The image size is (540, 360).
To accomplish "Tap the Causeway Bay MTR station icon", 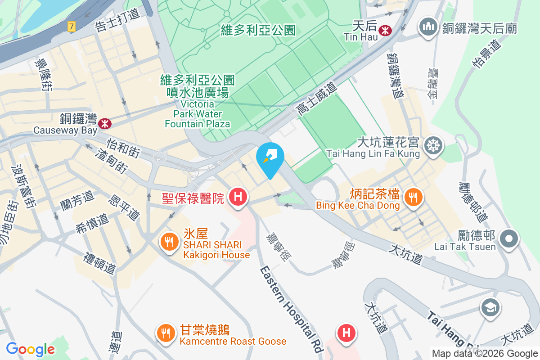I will pos(105,122).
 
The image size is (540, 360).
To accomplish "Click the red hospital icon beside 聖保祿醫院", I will pos(238,197).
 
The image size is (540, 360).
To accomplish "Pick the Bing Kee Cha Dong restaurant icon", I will pos(412,197).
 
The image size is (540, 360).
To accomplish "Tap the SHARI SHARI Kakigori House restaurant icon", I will pos(169,243).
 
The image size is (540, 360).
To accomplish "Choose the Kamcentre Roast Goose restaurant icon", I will pos(166,333).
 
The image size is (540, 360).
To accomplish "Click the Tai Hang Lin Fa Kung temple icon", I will pos(435,145).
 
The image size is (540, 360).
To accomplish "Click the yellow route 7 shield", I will pos(71,27).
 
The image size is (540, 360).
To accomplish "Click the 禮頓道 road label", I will pos(100,263).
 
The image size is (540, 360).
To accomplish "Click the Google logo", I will pos(30,349).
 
